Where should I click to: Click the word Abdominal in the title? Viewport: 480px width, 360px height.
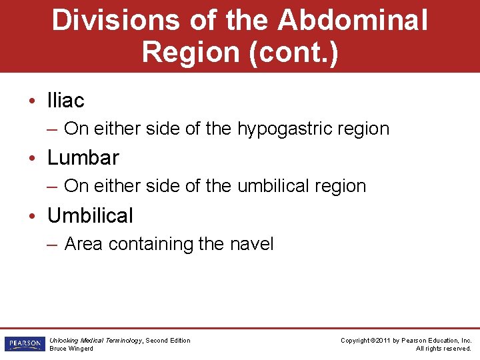(353, 20)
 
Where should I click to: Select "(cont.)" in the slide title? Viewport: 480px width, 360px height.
(294, 53)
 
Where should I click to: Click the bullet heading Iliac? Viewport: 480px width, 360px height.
(65, 100)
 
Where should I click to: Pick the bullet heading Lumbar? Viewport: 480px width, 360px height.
(83, 157)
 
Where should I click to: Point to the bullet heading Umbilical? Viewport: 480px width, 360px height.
(90, 215)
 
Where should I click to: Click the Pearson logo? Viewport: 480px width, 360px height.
(23, 344)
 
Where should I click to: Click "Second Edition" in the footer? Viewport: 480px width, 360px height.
(167, 341)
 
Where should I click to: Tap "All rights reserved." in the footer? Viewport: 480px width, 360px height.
(443, 349)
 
